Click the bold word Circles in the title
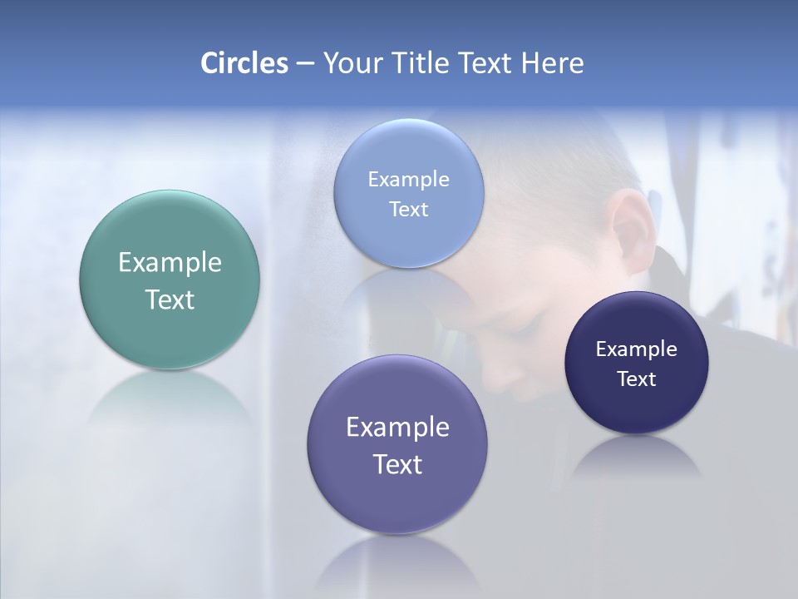coord(244,63)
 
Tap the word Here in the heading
coord(552,63)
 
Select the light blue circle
coord(408,150)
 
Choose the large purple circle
coord(397,499)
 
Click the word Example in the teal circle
coord(170,263)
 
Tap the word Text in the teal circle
coord(170,299)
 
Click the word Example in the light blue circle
coord(408,180)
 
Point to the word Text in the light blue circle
coord(408,210)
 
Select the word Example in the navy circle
coord(637,349)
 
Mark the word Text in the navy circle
coord(637,379)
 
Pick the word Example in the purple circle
coord(397,428)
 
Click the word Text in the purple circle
coord(397,464)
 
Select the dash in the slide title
coord(304,63)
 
